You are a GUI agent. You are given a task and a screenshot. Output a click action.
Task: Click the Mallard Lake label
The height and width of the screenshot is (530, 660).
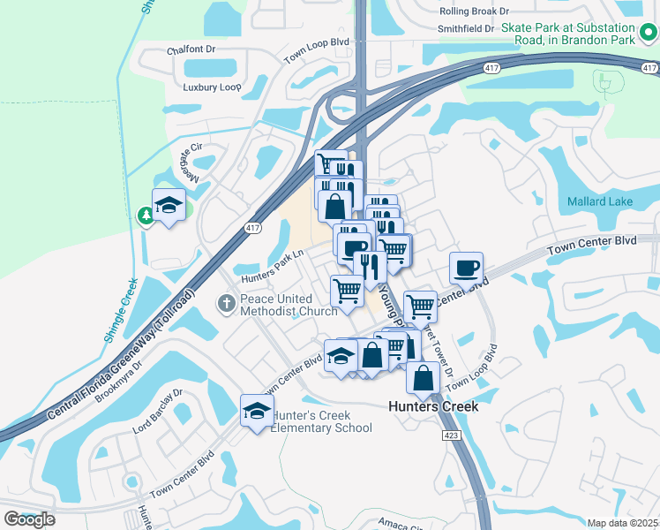click(601, 201)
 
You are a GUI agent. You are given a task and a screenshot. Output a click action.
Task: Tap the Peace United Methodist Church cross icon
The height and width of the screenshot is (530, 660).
click(227, 304)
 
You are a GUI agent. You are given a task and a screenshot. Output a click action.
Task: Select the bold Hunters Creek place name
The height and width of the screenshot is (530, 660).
click(434, 406)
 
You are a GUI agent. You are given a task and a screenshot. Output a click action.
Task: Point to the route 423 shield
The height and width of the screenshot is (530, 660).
click(451, 435)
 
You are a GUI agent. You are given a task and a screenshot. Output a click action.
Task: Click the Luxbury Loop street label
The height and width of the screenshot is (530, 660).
click(212, 87)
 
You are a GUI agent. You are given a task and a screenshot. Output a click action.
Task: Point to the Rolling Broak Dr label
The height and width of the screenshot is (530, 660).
click(475, 11)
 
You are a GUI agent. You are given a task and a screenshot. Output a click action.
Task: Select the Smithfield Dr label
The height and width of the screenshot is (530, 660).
click(466, 28)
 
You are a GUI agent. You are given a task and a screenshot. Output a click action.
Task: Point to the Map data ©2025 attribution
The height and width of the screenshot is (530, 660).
click(623, 523)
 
